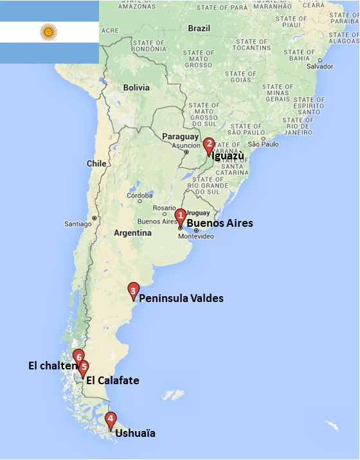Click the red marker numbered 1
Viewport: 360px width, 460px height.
pyautogui.click(x=181, y=216)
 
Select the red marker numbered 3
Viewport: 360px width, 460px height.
pyautogui.click(x=133, y=290)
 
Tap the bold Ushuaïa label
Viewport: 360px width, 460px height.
pyautogui.click(x=135, y=434)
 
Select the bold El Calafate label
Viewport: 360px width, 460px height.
pyautogui.click(x=113, y=380)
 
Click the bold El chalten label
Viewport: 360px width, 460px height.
pyautogui.click(x=52, y=366)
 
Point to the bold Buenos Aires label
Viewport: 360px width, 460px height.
pyautogui.click(x=219, y=224)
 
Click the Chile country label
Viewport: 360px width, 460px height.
pyautogui.click(x=96, y=164)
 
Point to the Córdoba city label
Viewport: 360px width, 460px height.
pyautogui.click(x=139, y=195)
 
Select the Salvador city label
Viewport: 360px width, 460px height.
pyautogui.click(x=320, y=66)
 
